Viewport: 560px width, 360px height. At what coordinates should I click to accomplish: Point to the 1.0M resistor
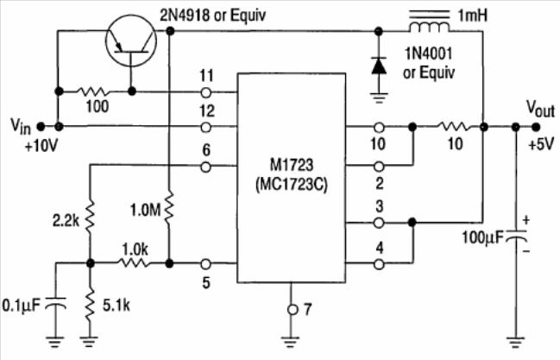[x=170, y=208]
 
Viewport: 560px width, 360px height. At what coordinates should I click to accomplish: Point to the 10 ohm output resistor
[x=448, y=127]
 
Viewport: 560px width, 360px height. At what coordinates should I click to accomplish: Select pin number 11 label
[x=204, y=75]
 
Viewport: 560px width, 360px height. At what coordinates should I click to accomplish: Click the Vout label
[x=542, y=105]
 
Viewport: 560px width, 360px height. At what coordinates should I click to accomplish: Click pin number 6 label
[x=205, y=149]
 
